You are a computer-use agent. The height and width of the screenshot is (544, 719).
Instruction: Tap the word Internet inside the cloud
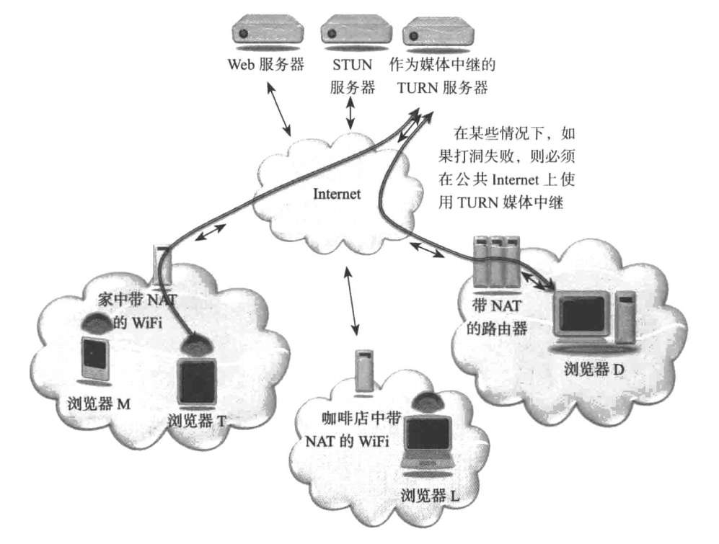338,195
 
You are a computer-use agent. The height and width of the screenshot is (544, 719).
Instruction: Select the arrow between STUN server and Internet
352,112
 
